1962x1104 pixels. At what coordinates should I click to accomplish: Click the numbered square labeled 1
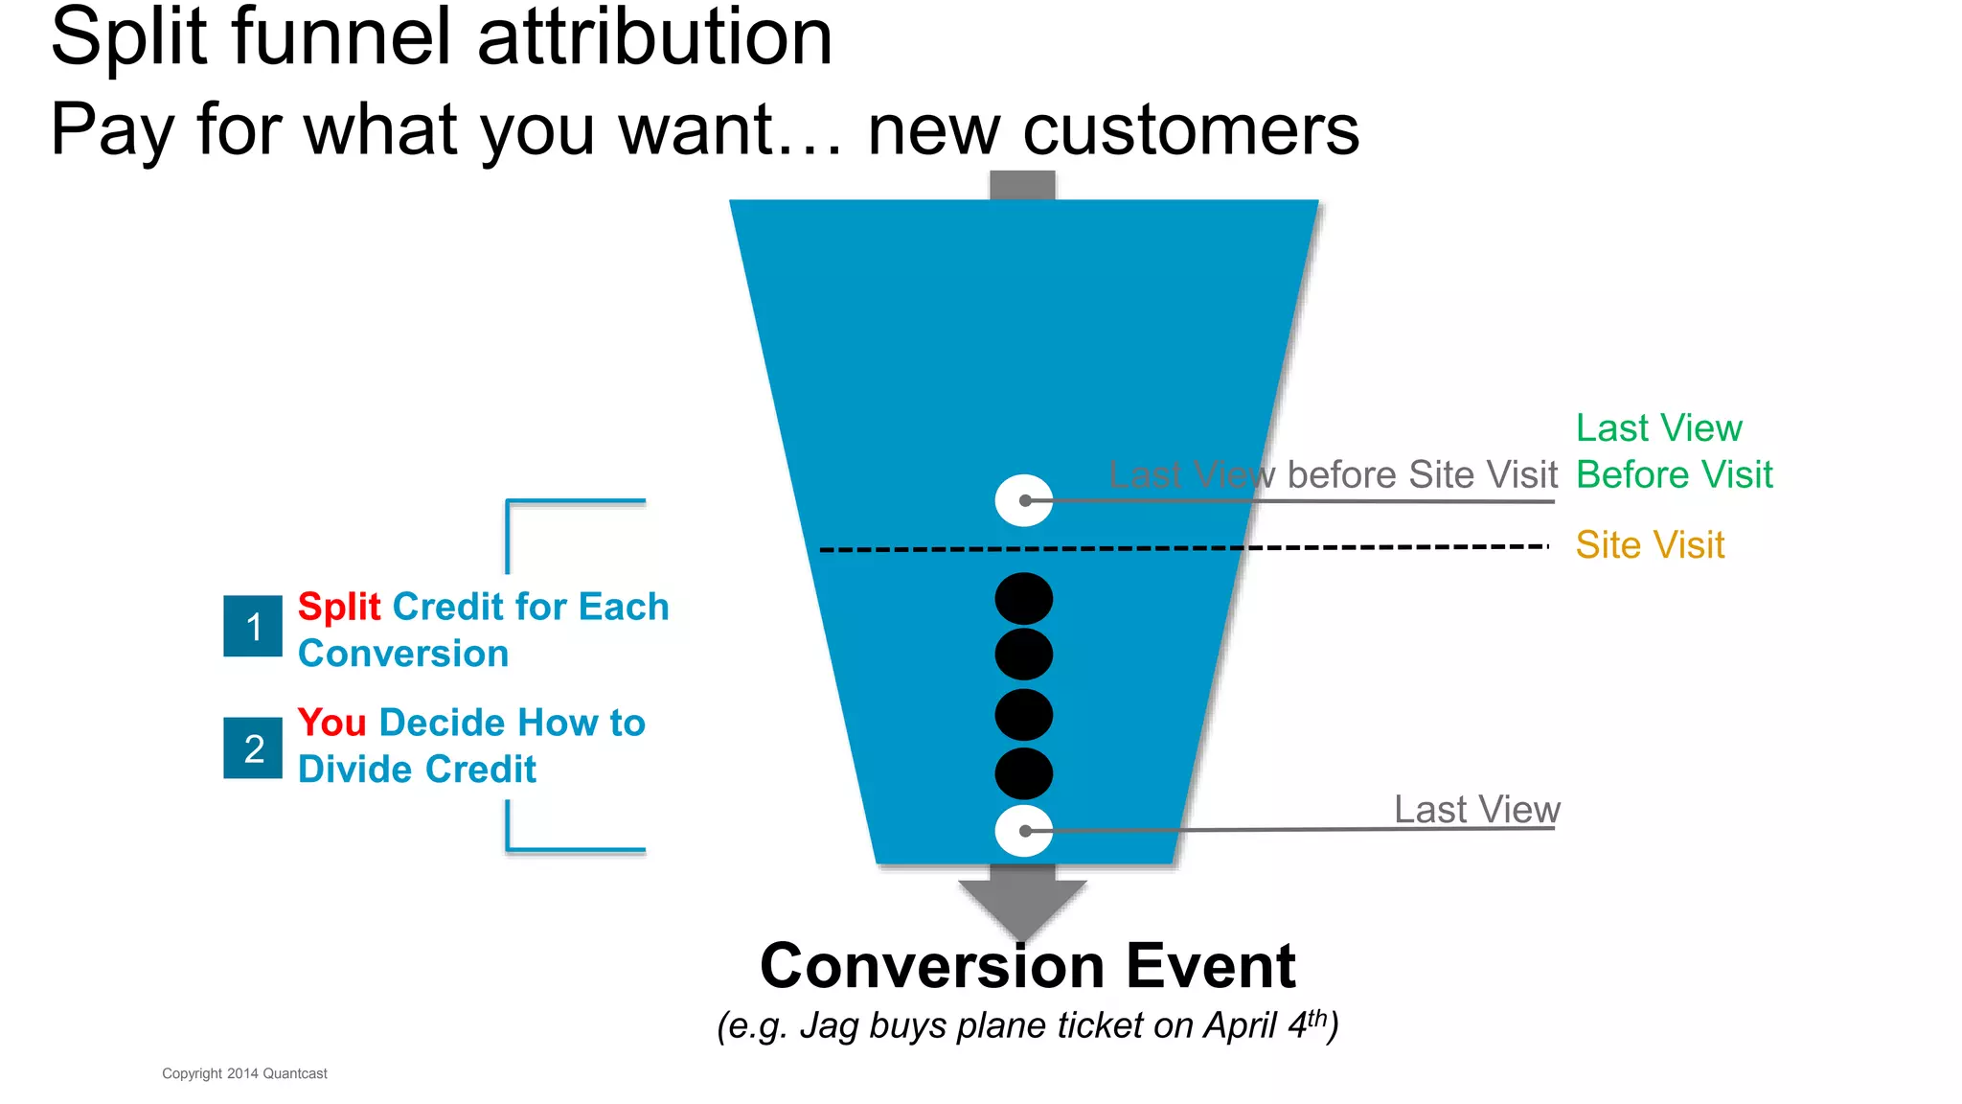253,626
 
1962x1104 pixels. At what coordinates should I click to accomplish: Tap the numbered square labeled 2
253,747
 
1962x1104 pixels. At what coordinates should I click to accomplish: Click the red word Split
339,607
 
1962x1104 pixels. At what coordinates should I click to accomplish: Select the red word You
331,723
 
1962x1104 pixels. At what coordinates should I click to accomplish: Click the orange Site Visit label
1650,545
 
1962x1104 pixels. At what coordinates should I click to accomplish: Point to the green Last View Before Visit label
1674,451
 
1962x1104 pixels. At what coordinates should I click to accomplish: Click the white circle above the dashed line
1024,500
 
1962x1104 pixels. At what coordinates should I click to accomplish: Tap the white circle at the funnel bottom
1024,831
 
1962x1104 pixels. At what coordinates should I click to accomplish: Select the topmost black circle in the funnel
1024,599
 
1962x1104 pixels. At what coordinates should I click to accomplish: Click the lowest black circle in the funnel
1024,773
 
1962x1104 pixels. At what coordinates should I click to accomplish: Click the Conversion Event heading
1027,965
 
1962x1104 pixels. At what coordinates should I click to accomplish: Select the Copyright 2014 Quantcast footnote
244,1073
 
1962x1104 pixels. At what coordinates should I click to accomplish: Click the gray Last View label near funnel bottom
1476,810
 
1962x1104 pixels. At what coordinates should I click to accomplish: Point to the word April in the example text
1241,1025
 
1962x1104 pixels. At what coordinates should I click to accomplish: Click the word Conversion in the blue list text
403,654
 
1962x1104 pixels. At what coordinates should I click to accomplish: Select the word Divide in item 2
355,770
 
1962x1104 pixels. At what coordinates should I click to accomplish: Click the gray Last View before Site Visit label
1333,475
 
